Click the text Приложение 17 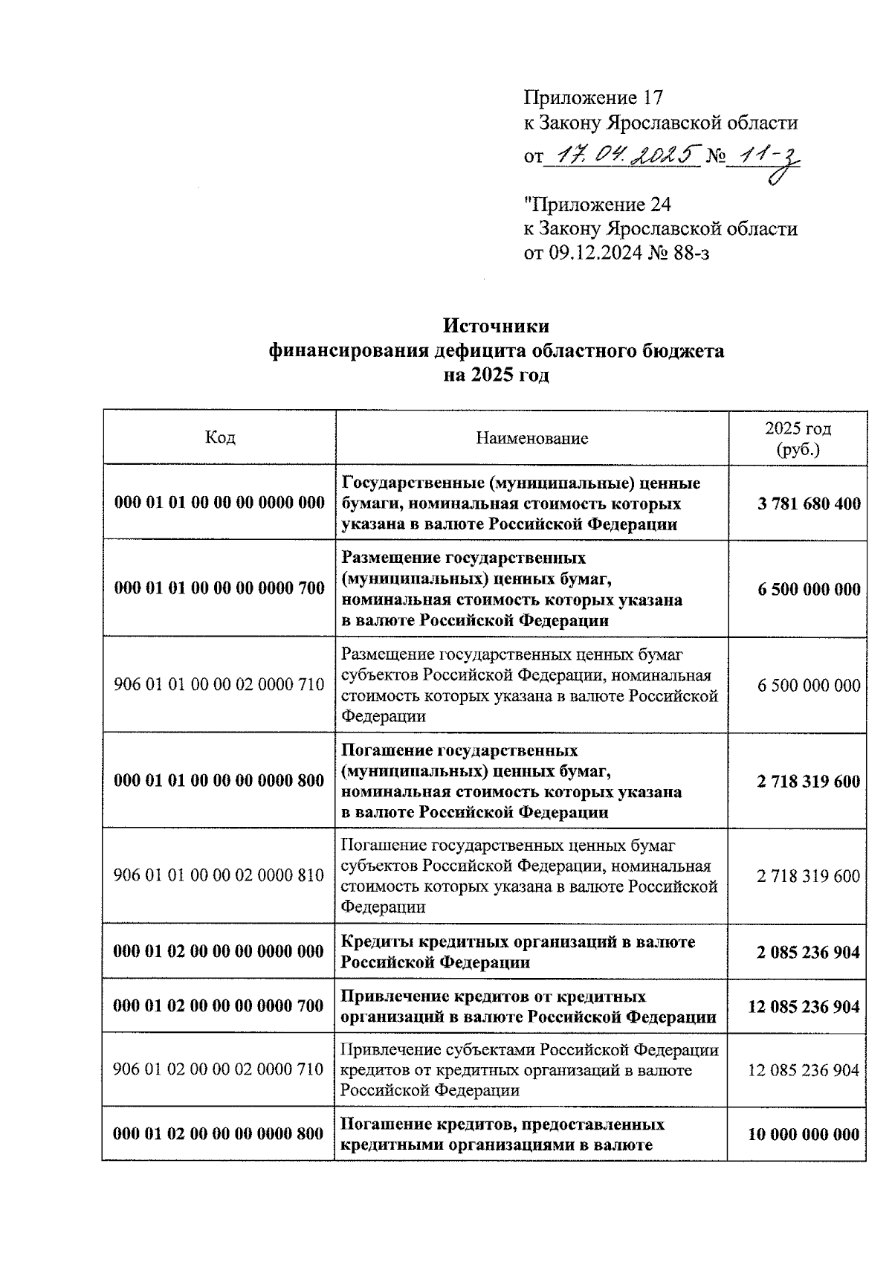592,97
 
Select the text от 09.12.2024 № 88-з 617,254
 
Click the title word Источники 496,326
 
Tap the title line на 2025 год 496,375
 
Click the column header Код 220,437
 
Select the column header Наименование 531,438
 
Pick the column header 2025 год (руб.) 798,439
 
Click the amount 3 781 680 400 808,504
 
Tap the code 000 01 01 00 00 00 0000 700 219,588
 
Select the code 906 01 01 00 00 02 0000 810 219,875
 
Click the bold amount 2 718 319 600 808,781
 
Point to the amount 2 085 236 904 808,952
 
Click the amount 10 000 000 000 804,1134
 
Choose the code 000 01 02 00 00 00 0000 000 219,952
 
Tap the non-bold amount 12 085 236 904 804,1070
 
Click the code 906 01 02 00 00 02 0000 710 219,1069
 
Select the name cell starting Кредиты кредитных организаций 517,952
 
